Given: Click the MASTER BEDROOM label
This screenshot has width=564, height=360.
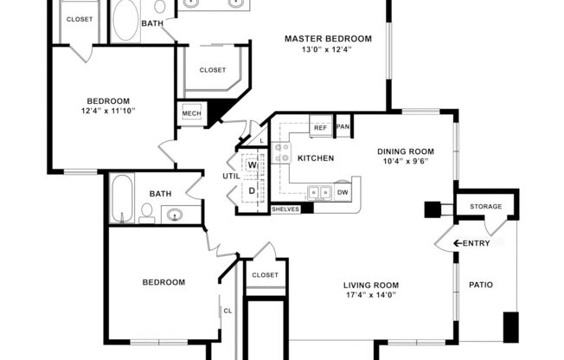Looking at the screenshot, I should click(x=329, y=39).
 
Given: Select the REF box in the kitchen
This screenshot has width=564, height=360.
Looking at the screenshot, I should click(x=319, y=127).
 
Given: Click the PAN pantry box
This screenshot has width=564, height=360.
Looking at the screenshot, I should click(x=343, y=127).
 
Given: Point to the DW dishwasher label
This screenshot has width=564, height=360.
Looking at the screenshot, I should click(x=343, y=192).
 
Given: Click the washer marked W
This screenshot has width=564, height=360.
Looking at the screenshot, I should click(x=253, y=164).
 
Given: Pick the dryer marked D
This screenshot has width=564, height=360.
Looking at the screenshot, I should click(x=253, y=190).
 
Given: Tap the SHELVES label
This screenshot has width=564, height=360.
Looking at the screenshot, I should click(x=285, y=209).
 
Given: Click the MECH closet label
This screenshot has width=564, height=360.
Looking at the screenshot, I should click(x=191, y=114).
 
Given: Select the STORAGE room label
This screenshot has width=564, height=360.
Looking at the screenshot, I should click(x=485, y=207).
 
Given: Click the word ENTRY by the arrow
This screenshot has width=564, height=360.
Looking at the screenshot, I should click(x=476, y=243).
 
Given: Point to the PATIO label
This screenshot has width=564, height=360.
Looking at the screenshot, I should click(x=481, y=284).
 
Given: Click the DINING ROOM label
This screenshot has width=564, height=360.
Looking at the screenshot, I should click(x=406, y=151).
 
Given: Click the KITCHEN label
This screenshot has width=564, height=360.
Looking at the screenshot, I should click(x=316, y=158).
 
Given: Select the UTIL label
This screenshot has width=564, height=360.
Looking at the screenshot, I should click(x=231, y=175).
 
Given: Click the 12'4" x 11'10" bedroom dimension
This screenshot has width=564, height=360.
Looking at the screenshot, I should click(x=108, y=111).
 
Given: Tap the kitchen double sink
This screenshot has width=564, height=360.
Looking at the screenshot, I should click(x=318, y=192).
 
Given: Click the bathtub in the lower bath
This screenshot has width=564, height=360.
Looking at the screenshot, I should click(x=122, y=198).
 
